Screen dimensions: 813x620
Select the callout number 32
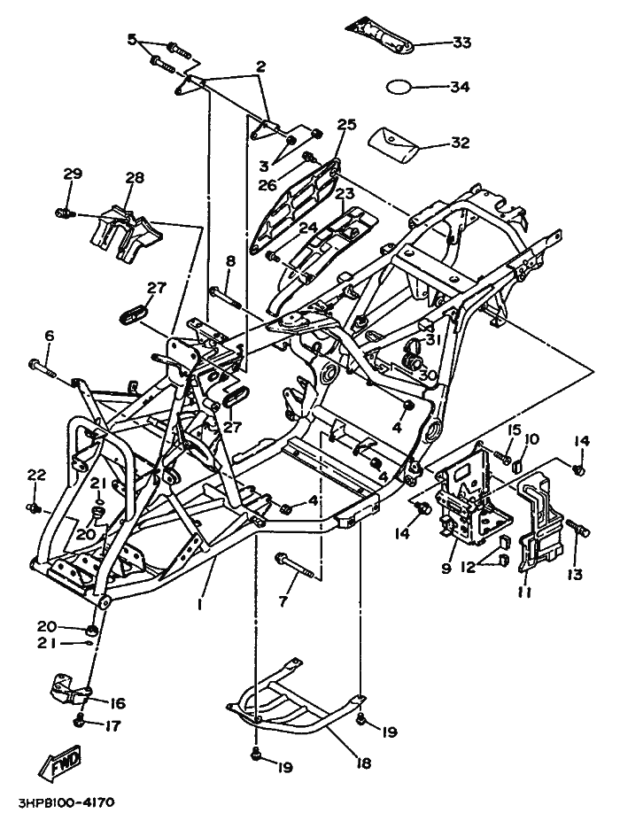point(461,143)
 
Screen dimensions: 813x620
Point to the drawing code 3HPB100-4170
point(58,802)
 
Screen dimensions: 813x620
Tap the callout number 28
point(134,178)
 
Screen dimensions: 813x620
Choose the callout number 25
point(346,125)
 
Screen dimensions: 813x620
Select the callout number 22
point(35,476)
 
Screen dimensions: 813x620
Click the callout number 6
point(50,335)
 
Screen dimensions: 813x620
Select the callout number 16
point(118,703)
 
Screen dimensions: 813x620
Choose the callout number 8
point(230,261)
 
